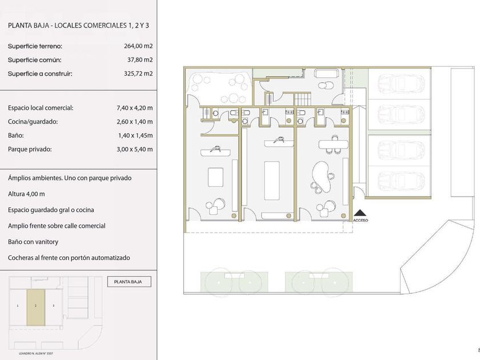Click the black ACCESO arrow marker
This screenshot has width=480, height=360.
361,213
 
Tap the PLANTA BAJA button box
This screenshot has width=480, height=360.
129,282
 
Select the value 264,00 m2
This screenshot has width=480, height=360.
138,46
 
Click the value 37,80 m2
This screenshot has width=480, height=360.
140,60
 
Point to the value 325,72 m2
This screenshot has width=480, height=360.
138,74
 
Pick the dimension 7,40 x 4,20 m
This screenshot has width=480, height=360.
135,108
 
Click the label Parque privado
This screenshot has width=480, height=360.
30,149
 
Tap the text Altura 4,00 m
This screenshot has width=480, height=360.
26,194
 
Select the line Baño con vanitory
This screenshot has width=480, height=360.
33,242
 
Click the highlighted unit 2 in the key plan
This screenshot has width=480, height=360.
36,307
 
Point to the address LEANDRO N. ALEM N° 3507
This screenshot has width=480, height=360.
36,354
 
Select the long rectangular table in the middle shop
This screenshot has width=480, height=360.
272,181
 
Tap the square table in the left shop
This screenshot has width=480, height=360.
215,177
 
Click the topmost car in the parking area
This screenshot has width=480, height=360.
401,84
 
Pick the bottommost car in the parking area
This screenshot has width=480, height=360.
401,181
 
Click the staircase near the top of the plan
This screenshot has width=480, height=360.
302,99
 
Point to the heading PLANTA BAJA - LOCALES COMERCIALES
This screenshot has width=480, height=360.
67,25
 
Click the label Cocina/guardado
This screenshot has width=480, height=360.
33,122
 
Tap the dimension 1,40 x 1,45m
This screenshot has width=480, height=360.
135,135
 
